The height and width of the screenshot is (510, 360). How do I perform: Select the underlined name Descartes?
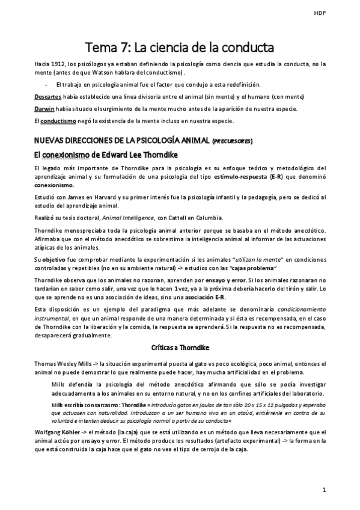pos(45,96)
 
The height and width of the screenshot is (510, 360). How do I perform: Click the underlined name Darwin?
pos(43,108)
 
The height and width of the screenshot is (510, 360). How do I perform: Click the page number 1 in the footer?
pos(324,490)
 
